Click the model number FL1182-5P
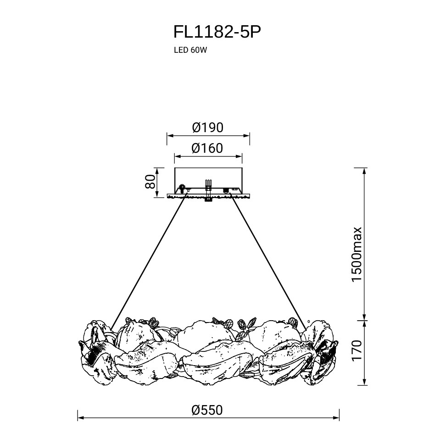pos(217,32)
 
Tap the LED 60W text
pos(188,51)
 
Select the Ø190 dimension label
pos(208,127)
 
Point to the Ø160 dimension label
pos(207,148)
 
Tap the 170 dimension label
pos(357,351)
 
